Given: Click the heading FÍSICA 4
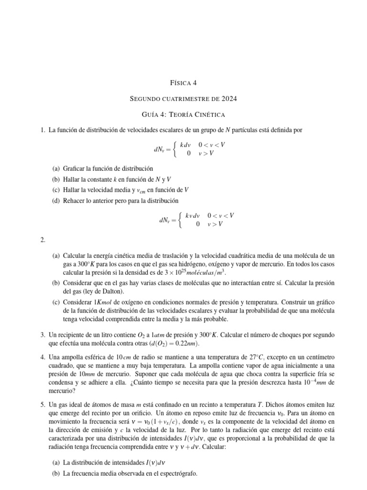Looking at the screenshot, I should (x=183, y=83).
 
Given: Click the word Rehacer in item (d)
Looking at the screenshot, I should (x=76, y=200).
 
